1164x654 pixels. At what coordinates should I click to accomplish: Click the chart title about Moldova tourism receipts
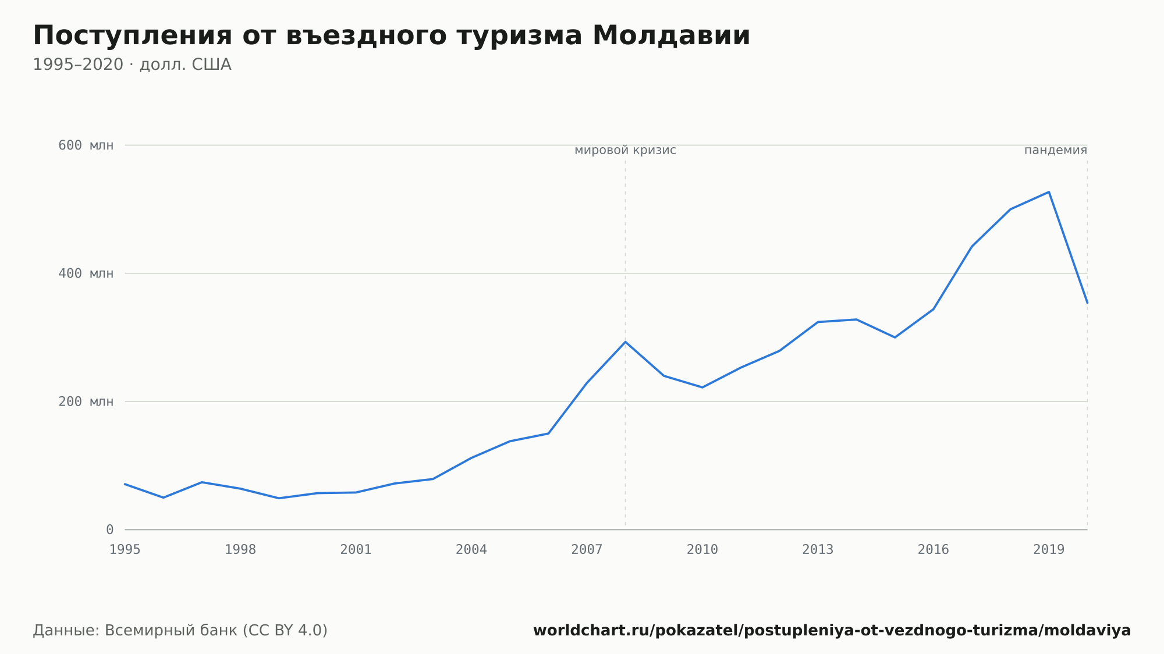point(392,36)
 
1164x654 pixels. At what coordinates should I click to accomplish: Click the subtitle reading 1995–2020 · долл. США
point(132,65)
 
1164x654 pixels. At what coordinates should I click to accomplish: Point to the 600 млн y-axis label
point(86,145)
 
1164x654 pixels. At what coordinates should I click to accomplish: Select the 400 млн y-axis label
point(86,273)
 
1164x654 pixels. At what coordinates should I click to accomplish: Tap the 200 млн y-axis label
point(86,401)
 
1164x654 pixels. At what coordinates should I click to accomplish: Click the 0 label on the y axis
point(110,530)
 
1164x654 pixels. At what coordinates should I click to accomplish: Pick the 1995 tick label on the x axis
point(125,550)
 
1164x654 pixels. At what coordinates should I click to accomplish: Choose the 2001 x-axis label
point(356,550)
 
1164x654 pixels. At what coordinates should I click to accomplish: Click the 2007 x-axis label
point(587,550)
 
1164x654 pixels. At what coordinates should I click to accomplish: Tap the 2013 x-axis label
point(818,550)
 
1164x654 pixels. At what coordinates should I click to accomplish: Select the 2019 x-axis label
point(1049,550)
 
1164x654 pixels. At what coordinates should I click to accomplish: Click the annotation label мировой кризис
point(626,151)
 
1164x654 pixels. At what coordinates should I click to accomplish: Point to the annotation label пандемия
point(1056,151)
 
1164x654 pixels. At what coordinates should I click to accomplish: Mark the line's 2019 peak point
point(1049,192)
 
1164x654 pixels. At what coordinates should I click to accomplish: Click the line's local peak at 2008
point(626,342)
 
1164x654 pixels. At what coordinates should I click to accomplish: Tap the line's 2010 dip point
point(702,388)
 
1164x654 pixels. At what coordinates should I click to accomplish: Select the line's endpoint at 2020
point(1087,303)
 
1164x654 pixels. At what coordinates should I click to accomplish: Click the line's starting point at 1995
point(125,484)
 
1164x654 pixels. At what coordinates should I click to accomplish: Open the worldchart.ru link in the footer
point(832,631)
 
